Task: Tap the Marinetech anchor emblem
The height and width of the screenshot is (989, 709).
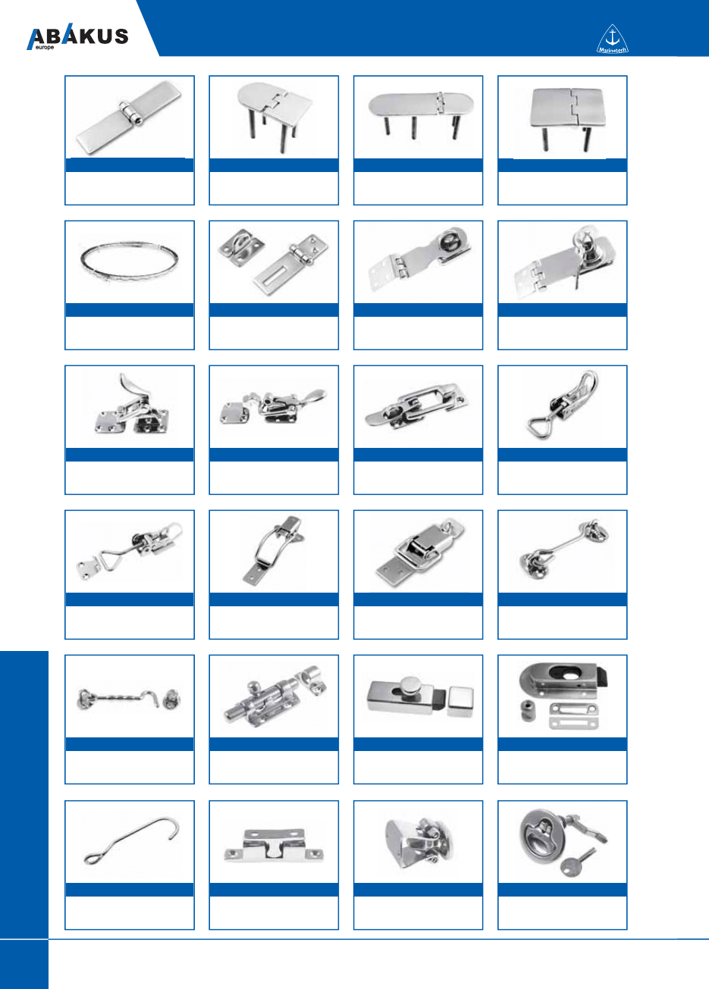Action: point(612,39)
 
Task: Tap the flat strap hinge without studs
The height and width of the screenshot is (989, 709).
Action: point(129,117)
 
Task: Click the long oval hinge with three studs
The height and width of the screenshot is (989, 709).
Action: point(421,114)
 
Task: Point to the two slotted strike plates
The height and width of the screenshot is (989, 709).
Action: point(574,715)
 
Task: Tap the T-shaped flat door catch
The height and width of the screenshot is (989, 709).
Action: point(274,846)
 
